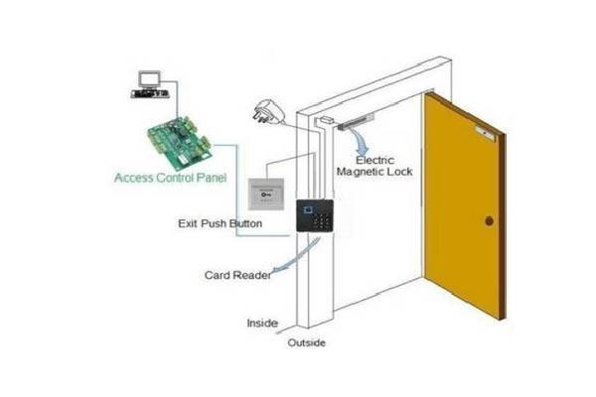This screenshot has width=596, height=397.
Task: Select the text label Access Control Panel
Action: pyautogui.click(x=171, y=180)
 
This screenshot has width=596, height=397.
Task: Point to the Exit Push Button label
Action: pyautogui.click(x=220, y=224)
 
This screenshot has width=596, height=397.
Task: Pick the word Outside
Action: pyautogui.click(x=306, y=342)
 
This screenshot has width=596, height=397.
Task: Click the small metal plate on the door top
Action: pyautogui.click(x=486, y=130)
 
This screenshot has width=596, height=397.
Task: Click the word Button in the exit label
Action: pyautogui.click(x=244, y=224)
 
